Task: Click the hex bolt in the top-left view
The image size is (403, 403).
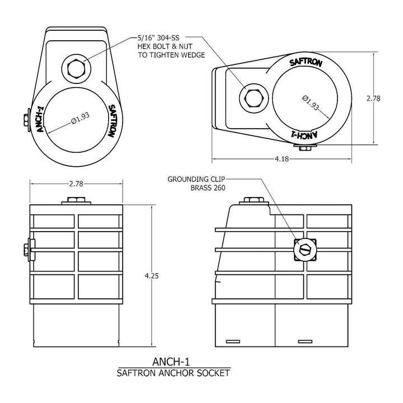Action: pos(75,69)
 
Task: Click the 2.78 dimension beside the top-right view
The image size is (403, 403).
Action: pos(373,98)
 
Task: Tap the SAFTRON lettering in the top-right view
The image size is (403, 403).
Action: pos(306,63)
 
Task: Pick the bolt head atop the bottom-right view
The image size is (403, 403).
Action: pos(252,200)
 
